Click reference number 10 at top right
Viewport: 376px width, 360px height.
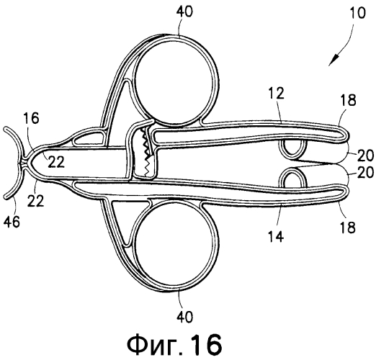tap(357, 13)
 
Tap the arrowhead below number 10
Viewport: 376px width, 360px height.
tap(334, 60)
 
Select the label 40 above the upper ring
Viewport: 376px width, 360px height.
tap(184, 12)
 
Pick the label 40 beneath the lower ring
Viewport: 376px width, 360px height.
tap(184, 317)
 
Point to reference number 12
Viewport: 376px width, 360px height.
tap(276, 93)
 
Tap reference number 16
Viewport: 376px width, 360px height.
tap(32, 118)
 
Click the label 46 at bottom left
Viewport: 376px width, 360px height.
tap(12, 222)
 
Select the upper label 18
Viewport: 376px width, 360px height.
tap(348, 100)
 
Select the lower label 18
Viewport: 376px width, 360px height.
tap(347, 227)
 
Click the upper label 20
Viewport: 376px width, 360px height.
tap(365, 156)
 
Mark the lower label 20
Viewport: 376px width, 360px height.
tap(365, 172)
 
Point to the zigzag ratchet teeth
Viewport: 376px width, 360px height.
tap(146, 152)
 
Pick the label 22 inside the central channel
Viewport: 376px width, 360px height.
tap(56, 161)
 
